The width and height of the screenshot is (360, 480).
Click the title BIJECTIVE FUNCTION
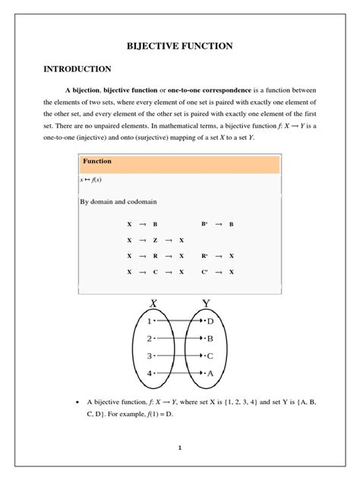pos(179,46)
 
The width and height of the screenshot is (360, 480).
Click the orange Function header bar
pos(179,162)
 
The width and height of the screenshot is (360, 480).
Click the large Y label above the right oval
pos(206,303)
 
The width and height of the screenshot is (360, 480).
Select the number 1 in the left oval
pos(150,321)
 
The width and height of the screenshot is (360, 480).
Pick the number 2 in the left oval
pos(150,339)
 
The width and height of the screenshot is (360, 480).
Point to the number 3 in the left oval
pos(150,355)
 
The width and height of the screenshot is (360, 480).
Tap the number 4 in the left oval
pos(150,373)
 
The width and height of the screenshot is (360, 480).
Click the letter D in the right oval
pos(210,321)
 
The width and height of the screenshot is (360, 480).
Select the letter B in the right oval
pos(210,339)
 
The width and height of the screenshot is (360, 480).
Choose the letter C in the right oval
pos(210,355)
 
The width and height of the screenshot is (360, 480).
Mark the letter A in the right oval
pos(210,373)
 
